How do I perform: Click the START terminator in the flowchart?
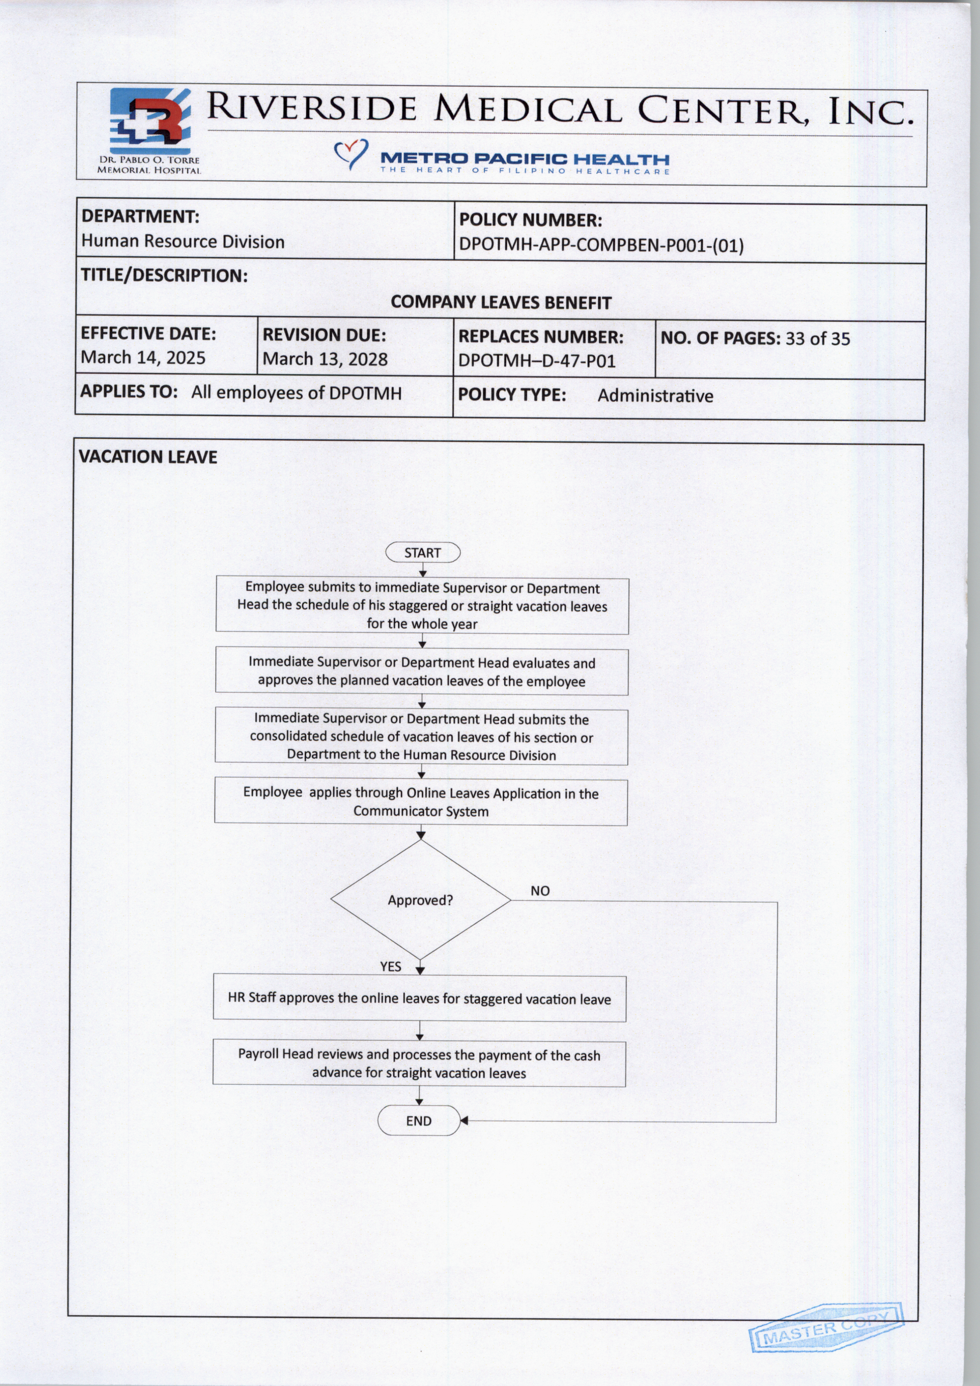click(x=422, y=553)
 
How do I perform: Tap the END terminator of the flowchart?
click(x=419, y=1121)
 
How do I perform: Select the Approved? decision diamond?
click(x=420, y=900)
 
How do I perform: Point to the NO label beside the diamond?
click(x=540, y=891)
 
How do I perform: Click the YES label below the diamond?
click(x=390, y=966)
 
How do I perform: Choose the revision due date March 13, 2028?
click(x=325, y=359)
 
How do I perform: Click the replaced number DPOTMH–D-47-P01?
click(x=537, y=361)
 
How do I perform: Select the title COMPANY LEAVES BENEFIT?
click(x=501, y=302)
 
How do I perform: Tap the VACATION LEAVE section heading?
click(x=148, y=457)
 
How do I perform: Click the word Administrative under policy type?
click(x=655, y=396)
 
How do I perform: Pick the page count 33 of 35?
click(x=818, y=339)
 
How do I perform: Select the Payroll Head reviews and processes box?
click(x=419, y=1064)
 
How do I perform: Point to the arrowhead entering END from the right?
click(x=464, y=1121)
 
